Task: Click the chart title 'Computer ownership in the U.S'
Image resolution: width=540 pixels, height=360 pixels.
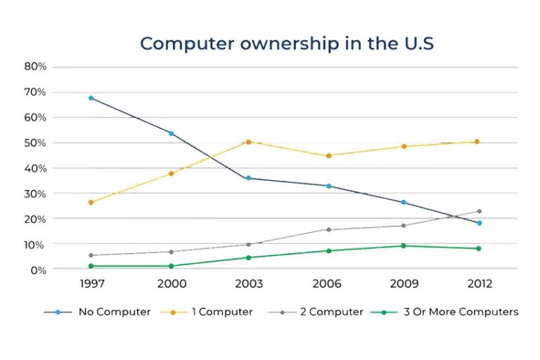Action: coord(287,44)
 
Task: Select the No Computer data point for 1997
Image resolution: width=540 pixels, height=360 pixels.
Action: coord(91,98)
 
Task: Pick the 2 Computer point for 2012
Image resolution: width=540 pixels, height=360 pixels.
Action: coord(479,211)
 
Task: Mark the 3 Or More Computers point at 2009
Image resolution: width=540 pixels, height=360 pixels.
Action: coord(403,245)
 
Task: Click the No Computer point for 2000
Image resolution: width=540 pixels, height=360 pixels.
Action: coord(171,133)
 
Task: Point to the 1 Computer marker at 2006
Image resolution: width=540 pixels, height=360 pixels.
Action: coord(328,155)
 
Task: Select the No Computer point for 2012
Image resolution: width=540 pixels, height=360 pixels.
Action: coord(479,223)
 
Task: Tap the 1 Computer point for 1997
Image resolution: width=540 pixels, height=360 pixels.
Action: coord(91,202)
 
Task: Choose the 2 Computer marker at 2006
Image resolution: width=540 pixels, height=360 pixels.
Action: coord(328,229)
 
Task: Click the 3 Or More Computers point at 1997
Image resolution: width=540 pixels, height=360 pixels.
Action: coord(91,266)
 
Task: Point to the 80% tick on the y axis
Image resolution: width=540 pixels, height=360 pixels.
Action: coord(35,67)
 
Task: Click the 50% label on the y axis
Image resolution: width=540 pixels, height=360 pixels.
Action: coord(35,143)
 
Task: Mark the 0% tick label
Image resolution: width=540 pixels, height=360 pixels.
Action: coord(38,269)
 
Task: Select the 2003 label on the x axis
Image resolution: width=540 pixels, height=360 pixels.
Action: coord(249,284)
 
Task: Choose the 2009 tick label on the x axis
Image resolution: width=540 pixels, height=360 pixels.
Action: coord(403,284)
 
